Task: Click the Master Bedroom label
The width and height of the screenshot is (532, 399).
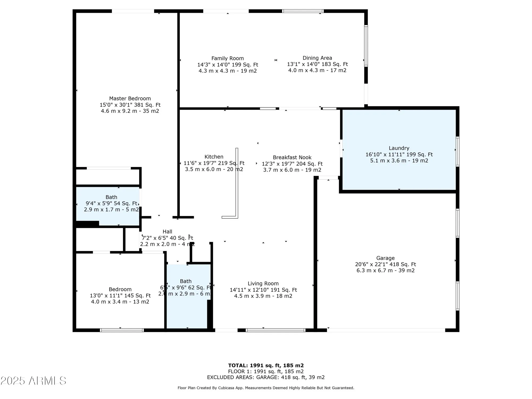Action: tap(130, 99)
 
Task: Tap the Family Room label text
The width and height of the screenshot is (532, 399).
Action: tap(227, 59)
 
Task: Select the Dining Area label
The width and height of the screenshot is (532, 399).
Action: tap(317, 58)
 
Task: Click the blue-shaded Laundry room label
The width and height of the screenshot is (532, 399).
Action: tap(399, 148)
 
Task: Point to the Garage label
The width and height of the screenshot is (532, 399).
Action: tap(385, 258)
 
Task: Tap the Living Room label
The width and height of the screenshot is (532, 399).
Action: tap(263, 284)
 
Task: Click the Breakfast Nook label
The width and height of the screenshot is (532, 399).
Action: tap(292, 157)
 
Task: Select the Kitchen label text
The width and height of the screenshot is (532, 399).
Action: tap(214, 157)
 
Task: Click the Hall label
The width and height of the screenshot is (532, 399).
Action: tap(167, 232)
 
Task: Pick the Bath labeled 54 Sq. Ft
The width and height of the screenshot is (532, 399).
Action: tap(111, 197)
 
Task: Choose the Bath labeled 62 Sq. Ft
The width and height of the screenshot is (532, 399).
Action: tap(185, 281)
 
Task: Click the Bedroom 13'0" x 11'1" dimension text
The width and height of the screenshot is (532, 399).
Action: tap(120, 296)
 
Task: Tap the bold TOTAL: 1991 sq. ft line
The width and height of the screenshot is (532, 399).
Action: tap(266, 365)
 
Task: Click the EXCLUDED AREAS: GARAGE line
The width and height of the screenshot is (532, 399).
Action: tap(266, 377)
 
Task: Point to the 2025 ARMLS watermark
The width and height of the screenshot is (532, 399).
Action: tap(33, 381)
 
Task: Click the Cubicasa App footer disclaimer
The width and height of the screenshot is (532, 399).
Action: tap(266, 388)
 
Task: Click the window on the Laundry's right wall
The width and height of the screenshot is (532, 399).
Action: tap(458, 152)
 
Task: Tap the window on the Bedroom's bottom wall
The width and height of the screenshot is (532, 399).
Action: tap(122, 330)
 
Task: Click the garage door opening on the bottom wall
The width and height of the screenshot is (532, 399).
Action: tap(386, 330)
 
